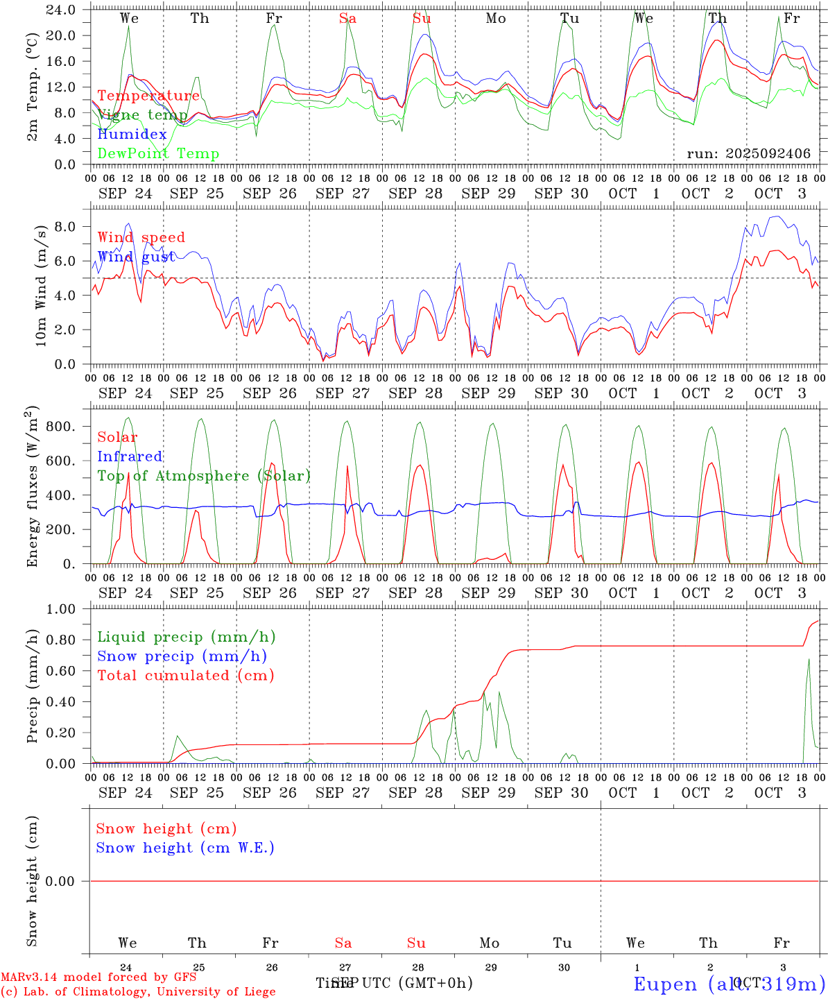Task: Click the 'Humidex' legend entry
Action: click(x=132, y=135)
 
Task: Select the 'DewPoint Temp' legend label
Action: click(x=158, y=154)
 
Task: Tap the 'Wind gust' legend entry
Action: click(x=136, y=257)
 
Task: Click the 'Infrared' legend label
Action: click(x=130, y=456)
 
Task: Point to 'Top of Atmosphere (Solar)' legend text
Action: click(x=203, y=476)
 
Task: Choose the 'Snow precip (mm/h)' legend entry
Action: click(x=182, y=656)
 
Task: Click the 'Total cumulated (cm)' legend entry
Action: click(x=185, y=676)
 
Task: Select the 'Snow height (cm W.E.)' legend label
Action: click(x=184, y=848)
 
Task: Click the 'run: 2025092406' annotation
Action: click(x=748, y=154)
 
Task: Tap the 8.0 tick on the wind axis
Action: click(x=64, y=227)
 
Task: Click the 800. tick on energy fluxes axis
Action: click(x=60, y=427)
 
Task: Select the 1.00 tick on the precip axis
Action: click(x=60, y=609)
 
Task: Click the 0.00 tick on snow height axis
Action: click(x=60, y=881)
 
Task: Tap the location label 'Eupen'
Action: click(x=666, y=984)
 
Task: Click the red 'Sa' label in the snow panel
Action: click(x=343, y=943)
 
